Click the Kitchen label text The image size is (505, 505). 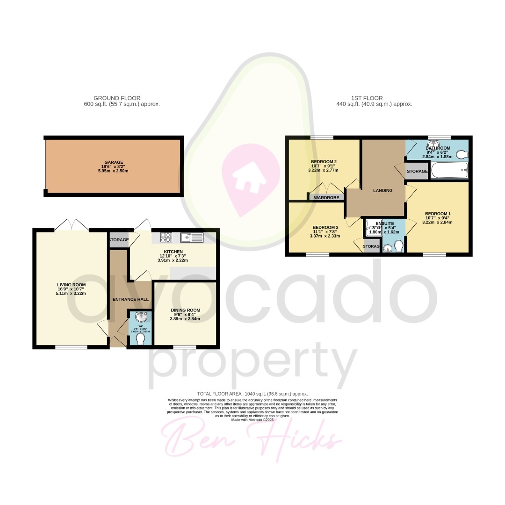click(x=173, y=252)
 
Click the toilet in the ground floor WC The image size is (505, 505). click(x=140, y=338)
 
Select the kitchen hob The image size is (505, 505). click(x=166, y=238)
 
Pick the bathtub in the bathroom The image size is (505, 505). click(x=449, y=171)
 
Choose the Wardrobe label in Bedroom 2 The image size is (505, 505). click(x=327, y=197)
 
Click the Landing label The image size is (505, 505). click(x=382, y=190)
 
